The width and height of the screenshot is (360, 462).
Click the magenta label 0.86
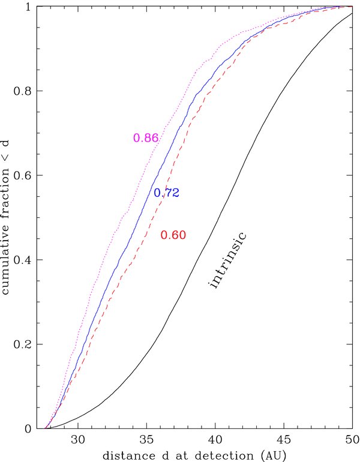[x=145, y=138]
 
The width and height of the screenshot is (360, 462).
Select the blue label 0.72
[x=167, y=193]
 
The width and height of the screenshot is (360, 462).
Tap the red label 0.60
[x=173, y=235]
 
